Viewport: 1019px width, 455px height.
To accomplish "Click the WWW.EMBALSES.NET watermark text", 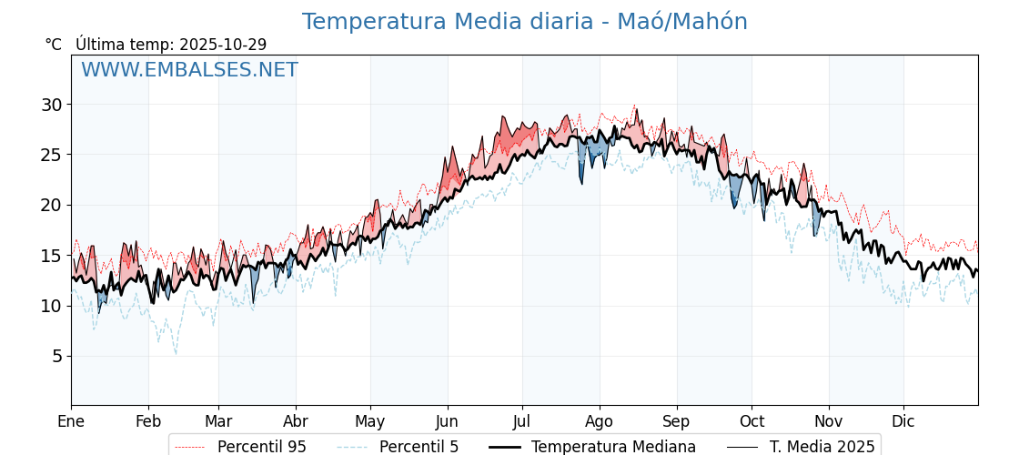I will click(x=189, y=70).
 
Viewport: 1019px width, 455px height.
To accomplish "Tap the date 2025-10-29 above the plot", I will click(x=223, y=45).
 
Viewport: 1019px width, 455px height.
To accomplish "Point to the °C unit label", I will click(x=54, y=45).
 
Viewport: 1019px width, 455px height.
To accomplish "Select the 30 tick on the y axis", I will click(x=51, y=105).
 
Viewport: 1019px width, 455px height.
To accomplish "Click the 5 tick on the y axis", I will click(x=56, y=356).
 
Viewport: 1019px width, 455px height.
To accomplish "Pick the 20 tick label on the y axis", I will click(x=51, y=205).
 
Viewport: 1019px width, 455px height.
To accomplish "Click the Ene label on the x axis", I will click(x=71, y=421).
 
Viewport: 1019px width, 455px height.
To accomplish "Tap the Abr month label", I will click(x=296, y=421).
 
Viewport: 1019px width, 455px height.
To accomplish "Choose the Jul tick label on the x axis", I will click(x=522, y=421).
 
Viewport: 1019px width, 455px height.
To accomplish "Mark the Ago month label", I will click(x=600, y=421).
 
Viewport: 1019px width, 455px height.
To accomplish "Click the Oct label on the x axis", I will click(x=752, y=421).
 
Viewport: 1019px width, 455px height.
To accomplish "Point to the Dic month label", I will click(x=903, y=421).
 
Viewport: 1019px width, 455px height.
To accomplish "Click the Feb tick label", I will click(x=148, y=421).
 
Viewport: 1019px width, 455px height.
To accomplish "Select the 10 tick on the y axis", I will click(x=51, y=306).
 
